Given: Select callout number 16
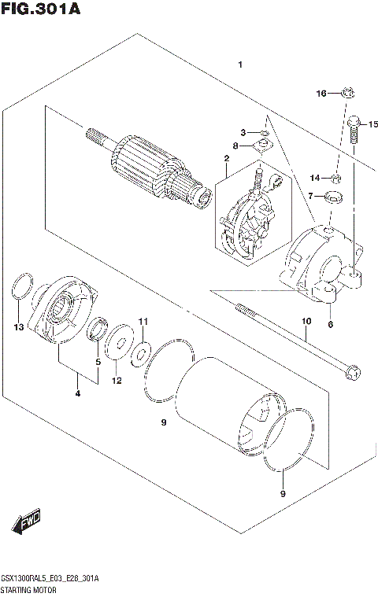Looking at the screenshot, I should pyautogui.click(x=321, y=94).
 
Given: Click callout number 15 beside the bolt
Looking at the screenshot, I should pyautogui.click(x=372, y=124).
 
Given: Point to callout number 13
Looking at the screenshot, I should pyautogui.click(x=19, y=326).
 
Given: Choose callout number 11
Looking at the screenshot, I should pyautogui.click(x=143, y=321).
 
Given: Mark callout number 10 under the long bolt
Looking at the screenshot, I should pyautogui.click(x=306, y=321).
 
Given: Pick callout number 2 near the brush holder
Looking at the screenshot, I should pyautogui.click(x=226, y=159).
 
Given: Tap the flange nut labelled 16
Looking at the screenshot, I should pyautogui.click(x=346, y=94).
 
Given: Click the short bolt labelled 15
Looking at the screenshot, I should pyautogui.click(x=354, y=131).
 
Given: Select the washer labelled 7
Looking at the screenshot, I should pyautogui.click(x=334, y=196).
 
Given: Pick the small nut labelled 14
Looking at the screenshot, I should pyautogui.click(x=335, y=177).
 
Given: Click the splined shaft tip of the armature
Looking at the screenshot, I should pyautogui.click(x=94, y=135).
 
